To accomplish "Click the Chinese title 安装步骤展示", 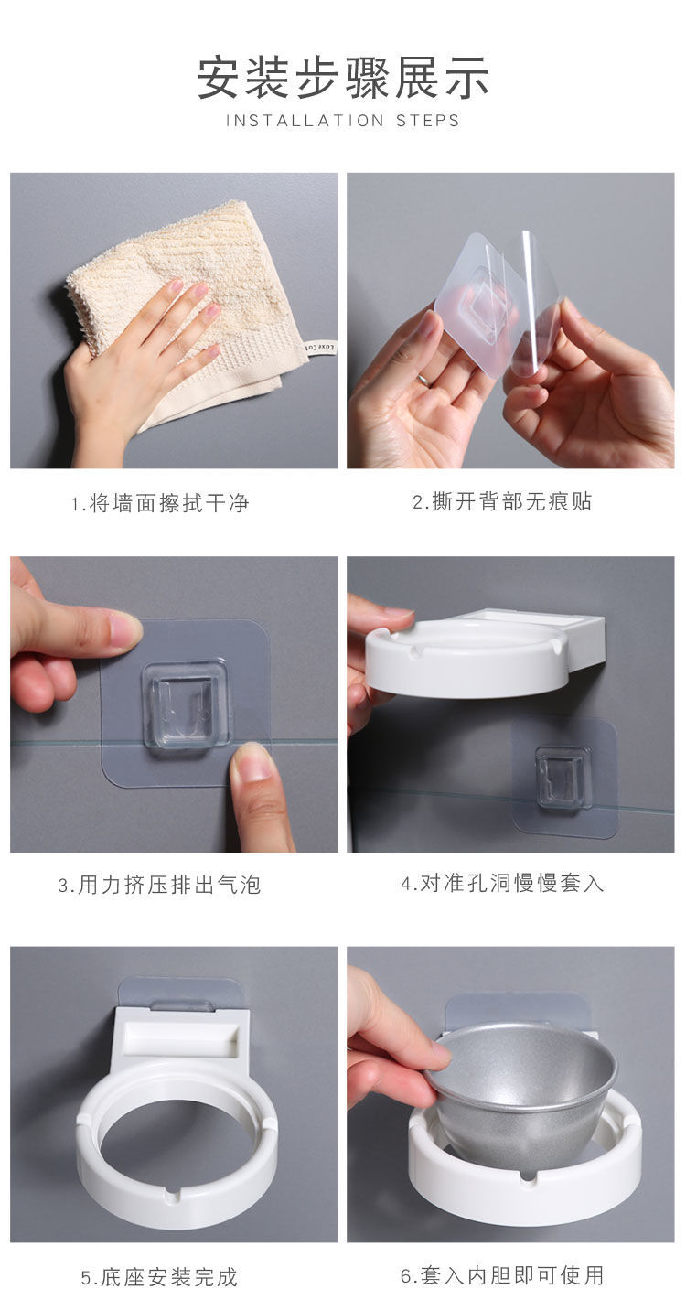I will [x=343, y=77].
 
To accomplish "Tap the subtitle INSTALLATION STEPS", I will [x=343, y=121].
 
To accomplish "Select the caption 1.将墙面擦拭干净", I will [x=161, y=503].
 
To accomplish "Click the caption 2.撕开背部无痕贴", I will [x=502, y=502].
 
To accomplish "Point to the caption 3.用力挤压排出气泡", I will [x=160, y=886].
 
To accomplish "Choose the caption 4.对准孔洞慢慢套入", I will [x=502, y=884].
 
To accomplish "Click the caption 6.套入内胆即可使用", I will [x=502, y=1274].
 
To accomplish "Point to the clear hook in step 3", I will [x=187, y=705].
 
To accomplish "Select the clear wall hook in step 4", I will [x=563, y=777].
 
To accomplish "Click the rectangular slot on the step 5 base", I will [x=180, y=1039].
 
